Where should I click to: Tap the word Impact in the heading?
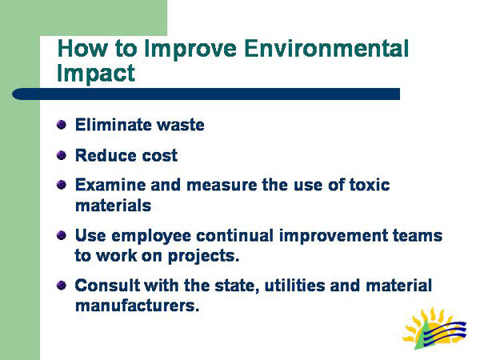point(96,73)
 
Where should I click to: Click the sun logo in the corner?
point(434,329)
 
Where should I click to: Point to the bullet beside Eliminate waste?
point(61,125)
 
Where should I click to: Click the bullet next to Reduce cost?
point(61,154)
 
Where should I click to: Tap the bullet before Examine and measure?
point(61,185)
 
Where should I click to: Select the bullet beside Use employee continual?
point(61,236)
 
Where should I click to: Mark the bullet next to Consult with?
point(61,286)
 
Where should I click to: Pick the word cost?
point(158,154)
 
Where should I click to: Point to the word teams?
point(414,237)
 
